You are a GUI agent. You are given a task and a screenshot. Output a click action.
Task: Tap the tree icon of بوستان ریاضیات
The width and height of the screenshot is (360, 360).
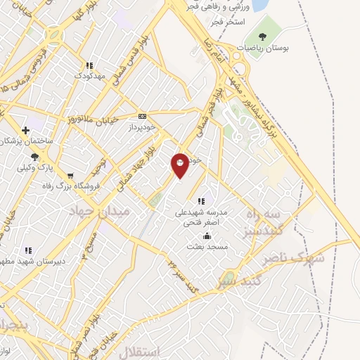pyautogui.click(x=262, y=37)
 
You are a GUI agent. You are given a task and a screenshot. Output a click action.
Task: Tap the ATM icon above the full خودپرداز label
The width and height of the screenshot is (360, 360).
pyautogui.click(x=143, y=116)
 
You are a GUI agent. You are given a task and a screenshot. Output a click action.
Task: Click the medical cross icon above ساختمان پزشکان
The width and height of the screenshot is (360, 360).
pyautogui.click(x=25, y=130)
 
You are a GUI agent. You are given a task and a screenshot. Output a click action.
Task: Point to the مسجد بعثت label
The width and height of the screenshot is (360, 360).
pyautogui.click(x=205, y=247)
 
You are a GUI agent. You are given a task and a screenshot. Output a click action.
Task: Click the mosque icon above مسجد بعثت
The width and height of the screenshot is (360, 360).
pyautogui.click(x=206, y=236)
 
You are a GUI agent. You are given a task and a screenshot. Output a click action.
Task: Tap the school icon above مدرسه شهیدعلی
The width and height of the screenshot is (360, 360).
pyautogui.click(x=201, y=201)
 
